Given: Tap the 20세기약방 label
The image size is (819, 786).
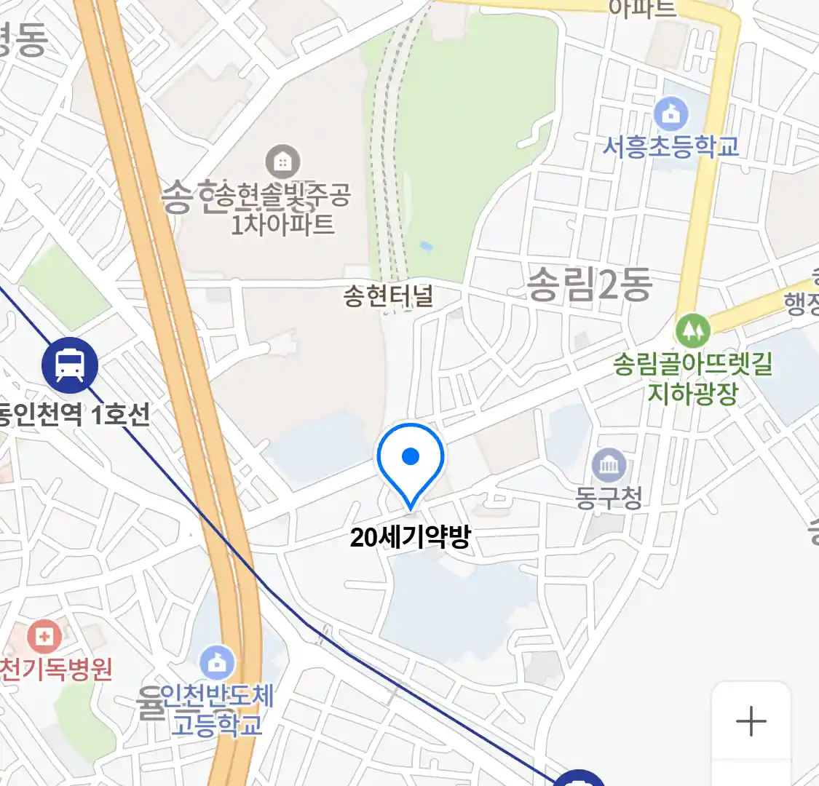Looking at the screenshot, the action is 411,537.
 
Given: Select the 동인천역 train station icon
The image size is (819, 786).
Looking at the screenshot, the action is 70,365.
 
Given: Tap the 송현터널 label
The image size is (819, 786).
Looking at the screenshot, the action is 388,296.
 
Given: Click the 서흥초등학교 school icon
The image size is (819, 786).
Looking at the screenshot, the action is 671,114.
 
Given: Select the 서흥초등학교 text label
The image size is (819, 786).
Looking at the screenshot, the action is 670,146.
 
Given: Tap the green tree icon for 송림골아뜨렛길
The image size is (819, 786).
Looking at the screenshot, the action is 692,331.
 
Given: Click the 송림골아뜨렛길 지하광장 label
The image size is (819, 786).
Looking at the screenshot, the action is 692,378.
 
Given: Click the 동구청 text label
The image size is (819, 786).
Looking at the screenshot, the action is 609,499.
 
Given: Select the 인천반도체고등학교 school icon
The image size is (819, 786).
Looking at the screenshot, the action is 217,662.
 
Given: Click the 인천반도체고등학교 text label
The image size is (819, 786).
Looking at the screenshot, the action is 216,710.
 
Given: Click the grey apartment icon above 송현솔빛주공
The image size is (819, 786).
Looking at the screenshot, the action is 282,162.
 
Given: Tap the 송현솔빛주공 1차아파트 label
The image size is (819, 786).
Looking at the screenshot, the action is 284,209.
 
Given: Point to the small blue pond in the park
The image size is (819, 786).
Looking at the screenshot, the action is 427,247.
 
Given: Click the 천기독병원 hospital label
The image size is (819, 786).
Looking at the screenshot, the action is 56,669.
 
